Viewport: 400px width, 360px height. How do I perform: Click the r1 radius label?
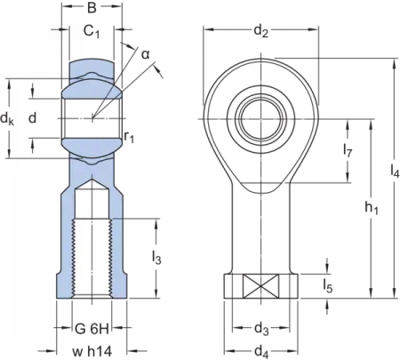click(x=131, y=137)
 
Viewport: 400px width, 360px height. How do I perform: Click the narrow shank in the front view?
click(x=260, y=231)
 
